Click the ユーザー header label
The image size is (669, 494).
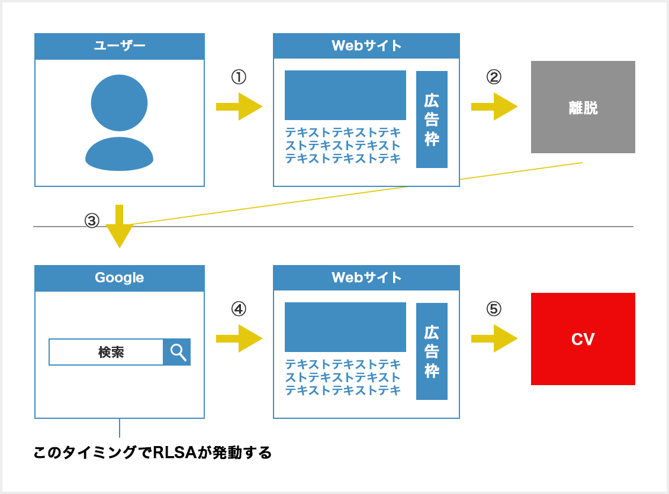120,45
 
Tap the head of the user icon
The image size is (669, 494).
119,103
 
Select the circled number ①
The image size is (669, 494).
239,77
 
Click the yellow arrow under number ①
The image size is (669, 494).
239,106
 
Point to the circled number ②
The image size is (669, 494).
494,77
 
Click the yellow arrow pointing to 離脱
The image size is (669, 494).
494,106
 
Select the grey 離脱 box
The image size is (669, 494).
583,107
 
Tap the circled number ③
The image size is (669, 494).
92,220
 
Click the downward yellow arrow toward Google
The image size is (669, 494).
120,227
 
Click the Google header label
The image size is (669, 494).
120,277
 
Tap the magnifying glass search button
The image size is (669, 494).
177,352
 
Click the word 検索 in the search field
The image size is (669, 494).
111,352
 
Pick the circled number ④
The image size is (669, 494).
239,309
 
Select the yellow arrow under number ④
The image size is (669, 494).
239,338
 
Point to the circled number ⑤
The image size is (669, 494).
494,309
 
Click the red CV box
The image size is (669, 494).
583,339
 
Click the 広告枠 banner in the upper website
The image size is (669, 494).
432,120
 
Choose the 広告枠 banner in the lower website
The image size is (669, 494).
432,351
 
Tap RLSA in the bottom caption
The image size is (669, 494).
175,452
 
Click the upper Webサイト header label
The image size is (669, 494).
366,45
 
